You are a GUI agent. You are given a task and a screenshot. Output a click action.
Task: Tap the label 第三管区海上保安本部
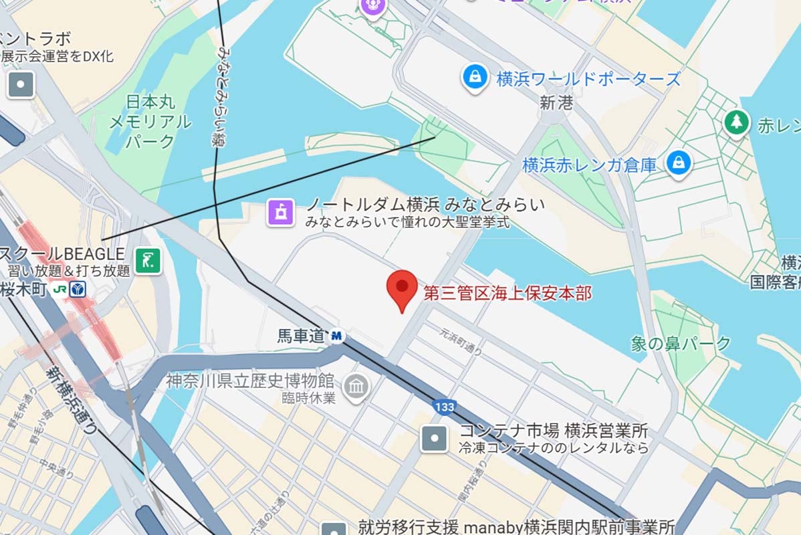coord(507,293)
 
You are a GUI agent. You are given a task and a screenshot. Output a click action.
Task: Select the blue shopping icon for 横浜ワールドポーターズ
coord(474,78)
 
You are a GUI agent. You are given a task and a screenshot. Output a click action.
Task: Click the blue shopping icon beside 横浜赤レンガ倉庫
coord(679,164)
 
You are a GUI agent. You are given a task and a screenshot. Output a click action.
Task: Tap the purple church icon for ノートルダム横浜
coord(281,212)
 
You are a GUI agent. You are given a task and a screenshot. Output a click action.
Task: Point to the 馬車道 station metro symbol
coord(336,336)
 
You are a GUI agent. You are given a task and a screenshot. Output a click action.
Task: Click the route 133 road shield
coord(444,406)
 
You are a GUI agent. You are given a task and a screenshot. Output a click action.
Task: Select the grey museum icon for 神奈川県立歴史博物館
coord(356,387)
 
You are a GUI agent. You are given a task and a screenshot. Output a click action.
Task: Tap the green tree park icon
coord(736,122)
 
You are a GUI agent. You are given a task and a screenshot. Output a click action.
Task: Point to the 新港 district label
coord(556,103)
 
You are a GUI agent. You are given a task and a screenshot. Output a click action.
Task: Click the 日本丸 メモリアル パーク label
coord(150,122)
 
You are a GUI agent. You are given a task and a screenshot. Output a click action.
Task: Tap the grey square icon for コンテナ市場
coord(434,439)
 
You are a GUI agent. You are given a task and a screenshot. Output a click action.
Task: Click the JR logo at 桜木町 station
coord(60,290)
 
